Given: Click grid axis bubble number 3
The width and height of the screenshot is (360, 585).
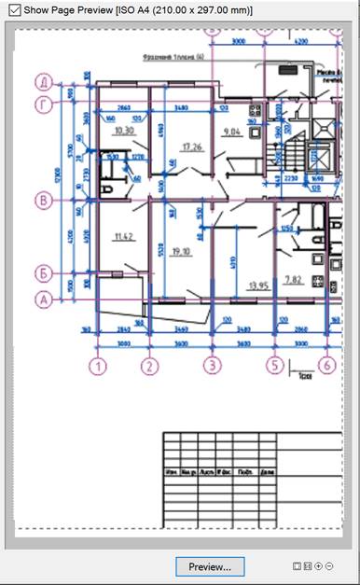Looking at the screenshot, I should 213,365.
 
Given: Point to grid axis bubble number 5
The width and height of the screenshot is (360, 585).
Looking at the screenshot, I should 274,365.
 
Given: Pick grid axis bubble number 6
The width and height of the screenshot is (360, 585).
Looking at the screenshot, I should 326,365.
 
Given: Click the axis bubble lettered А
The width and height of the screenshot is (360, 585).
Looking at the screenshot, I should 43,299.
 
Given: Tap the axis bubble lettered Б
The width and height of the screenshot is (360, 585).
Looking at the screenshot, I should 43,273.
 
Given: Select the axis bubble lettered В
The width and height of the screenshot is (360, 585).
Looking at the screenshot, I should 43,200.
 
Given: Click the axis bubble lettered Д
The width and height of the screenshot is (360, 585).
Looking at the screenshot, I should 43,81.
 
